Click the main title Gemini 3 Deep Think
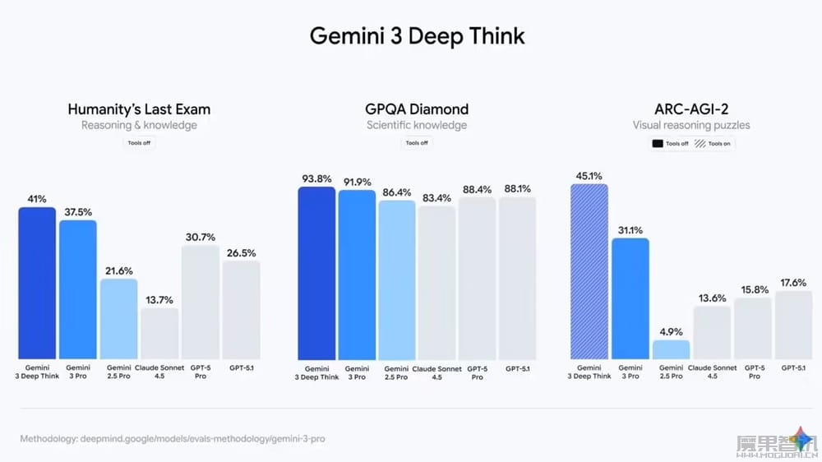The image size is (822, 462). (417, 36)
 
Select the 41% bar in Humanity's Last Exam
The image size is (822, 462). (37, 283)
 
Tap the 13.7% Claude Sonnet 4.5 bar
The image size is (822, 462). (159, 333)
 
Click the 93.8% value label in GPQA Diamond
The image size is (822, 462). (316, 178)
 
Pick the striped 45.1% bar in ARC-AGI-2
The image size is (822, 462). (589, 271)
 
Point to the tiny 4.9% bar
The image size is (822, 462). (671, 349)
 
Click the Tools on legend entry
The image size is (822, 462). (713, 143)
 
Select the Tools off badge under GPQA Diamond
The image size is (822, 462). (417, 143)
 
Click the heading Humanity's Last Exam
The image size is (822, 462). (139, 109)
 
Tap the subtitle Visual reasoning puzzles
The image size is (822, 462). (691, 125)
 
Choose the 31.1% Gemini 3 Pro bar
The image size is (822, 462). (630, 298)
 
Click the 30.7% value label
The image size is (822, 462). (200, 237)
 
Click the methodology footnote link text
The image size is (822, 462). (173, 439)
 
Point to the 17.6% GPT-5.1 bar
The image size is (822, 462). (793, 325)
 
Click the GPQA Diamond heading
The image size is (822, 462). (417, 109)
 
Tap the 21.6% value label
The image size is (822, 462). (118, 270)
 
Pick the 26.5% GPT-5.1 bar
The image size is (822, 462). (241, 310)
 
